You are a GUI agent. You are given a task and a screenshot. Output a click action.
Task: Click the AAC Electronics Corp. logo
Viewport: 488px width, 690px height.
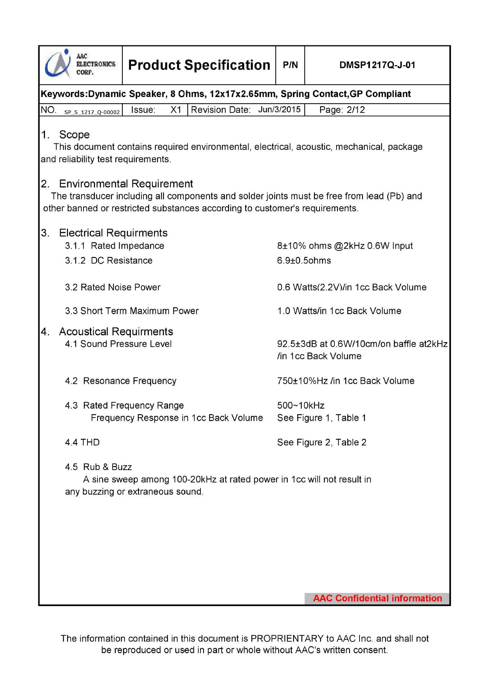click(80, 65)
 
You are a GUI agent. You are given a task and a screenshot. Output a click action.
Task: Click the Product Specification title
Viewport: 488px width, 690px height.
click(199, 65)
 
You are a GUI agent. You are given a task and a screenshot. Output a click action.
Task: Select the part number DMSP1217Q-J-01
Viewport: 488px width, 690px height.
click(377, 65)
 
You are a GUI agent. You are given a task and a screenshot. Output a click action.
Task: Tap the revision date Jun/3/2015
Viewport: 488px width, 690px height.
click(279, 109)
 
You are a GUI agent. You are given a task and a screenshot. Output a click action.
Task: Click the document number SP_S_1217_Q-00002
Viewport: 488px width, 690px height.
click(92, 112)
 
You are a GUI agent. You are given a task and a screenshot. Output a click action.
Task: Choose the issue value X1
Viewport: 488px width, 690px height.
click(176, 110)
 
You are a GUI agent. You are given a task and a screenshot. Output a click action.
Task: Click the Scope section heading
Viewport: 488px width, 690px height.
click(74, 135)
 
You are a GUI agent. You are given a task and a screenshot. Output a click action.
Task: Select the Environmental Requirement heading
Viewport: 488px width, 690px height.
click(126, 184)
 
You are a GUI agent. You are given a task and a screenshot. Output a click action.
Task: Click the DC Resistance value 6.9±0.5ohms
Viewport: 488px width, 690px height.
click(304, 260)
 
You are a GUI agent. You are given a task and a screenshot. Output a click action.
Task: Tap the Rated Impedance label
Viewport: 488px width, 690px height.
click(127, 246)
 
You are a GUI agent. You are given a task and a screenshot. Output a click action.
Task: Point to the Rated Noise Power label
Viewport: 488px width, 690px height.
click(120, 287)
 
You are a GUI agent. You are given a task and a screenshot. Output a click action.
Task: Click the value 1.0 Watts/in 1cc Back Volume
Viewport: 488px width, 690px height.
click(339, 311)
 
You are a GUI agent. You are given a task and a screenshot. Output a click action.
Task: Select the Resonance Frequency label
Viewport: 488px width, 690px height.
click(130, 381)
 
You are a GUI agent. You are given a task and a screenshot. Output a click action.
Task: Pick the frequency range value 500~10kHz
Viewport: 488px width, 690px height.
click(301, 405)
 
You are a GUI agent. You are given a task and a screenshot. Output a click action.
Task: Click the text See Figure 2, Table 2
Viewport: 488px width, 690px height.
click(322, 442)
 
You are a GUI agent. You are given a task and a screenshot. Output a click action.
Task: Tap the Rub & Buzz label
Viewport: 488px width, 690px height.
click(107, 467)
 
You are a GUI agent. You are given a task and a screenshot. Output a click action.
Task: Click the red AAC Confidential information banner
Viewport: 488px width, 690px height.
click(377, 598)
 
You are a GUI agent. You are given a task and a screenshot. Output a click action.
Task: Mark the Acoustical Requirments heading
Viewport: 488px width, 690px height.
click(116, 331)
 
